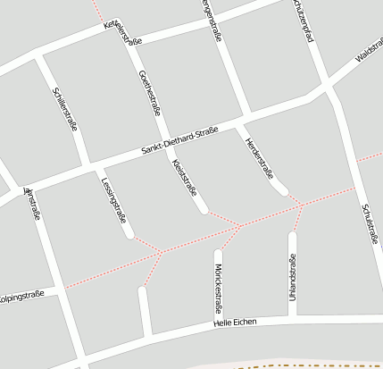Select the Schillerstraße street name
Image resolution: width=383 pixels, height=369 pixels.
pos(66,109)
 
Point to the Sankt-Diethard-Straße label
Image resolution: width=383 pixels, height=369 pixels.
pos(179,143)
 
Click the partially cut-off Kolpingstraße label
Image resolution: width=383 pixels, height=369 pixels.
pos(20,295)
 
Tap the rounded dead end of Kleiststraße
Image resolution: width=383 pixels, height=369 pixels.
pos(204,210)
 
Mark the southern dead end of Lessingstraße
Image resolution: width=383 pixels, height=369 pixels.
pos(130,236)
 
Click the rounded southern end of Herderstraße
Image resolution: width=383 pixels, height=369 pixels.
pos(284,192)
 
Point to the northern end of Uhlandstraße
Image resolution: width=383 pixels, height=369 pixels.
pos(292,236)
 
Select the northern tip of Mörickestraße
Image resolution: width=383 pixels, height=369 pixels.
pos(218,252)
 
